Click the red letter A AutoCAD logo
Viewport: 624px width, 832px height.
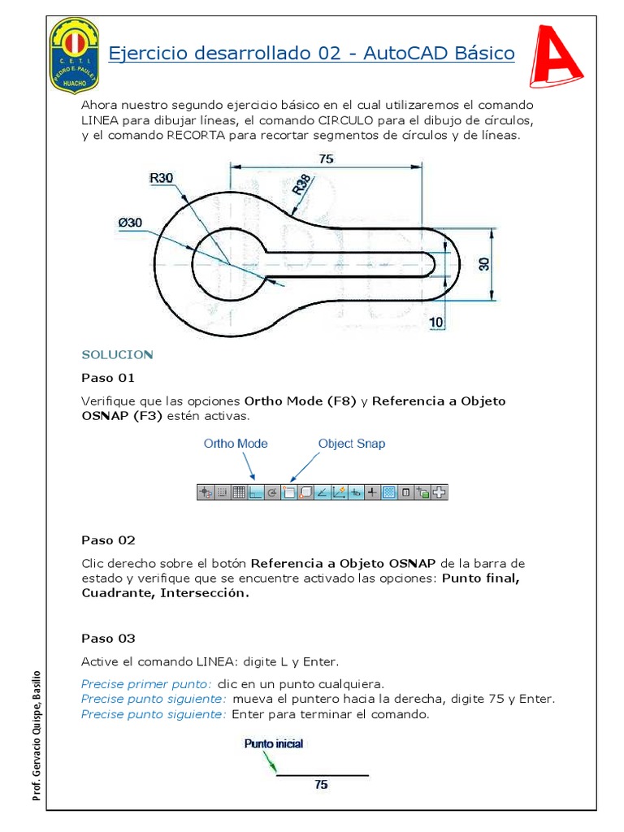coord(558,56)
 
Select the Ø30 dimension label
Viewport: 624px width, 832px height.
coord(130,222)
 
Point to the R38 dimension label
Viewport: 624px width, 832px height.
coord(301,186)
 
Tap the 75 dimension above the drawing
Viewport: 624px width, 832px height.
coord(326,159)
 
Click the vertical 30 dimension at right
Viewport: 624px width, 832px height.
coord(485,265)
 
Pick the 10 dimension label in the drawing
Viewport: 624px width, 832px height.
coord(436,323)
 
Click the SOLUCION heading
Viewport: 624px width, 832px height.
coord(117,355)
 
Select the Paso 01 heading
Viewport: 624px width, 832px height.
coord(108,378)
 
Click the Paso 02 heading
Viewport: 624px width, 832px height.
coord(108,540)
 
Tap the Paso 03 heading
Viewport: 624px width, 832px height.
coord(108,639)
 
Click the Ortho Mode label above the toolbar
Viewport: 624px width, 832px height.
coord(235,444)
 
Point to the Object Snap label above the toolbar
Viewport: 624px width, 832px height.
coord(351,444)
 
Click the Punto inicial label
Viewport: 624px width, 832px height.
coord(274,743)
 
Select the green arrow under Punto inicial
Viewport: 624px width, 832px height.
coord(270,761)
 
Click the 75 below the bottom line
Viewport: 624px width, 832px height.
coord(322,785)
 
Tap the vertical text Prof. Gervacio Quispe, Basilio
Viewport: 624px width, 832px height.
coord(37,736)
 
